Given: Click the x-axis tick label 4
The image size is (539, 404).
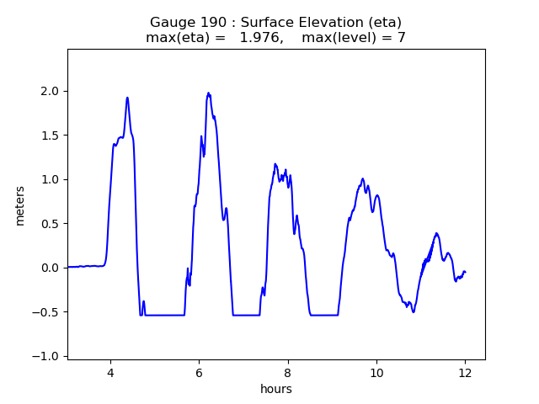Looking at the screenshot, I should [109, 372].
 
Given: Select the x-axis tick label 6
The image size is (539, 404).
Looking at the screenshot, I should [199, 372].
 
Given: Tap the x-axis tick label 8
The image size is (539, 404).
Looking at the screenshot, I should [287, 372].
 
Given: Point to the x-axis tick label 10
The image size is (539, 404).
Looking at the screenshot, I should [376, 372].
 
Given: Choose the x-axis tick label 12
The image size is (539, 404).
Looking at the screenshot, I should [465, 372].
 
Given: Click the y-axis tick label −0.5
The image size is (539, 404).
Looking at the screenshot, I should [49, 312].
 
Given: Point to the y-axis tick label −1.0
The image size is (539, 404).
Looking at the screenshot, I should [49, 356].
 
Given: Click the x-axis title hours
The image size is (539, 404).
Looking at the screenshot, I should [276, 389].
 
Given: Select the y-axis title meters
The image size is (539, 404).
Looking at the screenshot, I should [20, 205].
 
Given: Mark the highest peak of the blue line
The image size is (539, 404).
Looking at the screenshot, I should [208, 93].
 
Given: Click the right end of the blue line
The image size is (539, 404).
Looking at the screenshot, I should [465, 272].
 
